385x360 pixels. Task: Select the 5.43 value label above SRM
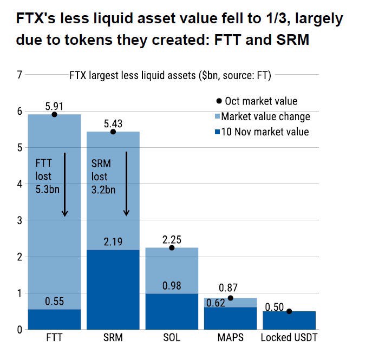click(x=113, y=123)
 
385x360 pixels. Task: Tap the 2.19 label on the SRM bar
click(x=113, y=242)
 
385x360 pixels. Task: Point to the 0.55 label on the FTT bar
click(x=54, y=302)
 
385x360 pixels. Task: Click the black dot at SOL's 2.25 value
click(x=172, y=247)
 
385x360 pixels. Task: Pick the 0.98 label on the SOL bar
click(x=172, y=285)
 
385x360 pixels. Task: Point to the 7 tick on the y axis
click(x=19, y=75)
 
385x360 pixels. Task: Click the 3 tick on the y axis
click(x=19, y=220)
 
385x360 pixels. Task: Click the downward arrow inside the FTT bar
click(x=65, y=184)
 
